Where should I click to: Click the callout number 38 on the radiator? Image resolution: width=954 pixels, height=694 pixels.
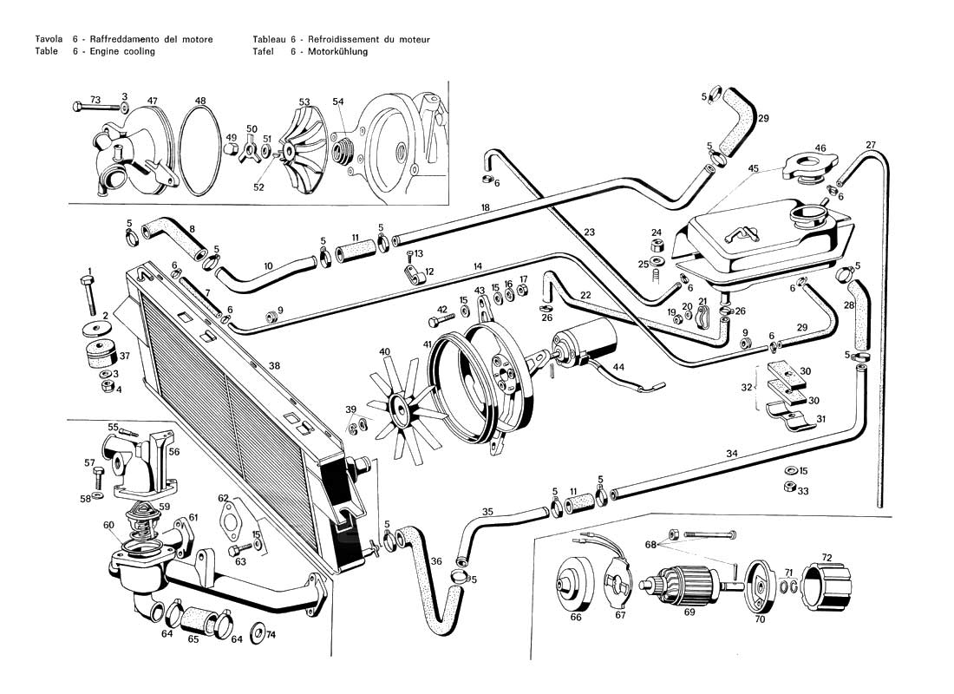274,366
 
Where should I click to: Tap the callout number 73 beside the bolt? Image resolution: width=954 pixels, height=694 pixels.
95,99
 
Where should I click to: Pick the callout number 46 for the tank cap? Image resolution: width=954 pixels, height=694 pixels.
820,149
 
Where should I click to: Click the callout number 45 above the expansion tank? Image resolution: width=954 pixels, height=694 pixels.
754,168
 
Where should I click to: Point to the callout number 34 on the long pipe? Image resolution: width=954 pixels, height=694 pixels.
732,454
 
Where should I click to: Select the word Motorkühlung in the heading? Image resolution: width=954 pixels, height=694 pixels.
338,52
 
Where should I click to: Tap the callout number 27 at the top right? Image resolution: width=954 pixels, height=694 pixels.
871,145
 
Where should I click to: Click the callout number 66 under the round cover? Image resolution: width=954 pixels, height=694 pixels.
576,619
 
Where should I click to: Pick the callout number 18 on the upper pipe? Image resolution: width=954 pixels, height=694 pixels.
486,208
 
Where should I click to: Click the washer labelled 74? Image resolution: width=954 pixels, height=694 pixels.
258,632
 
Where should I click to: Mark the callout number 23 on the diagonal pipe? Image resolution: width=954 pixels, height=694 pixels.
590,232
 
